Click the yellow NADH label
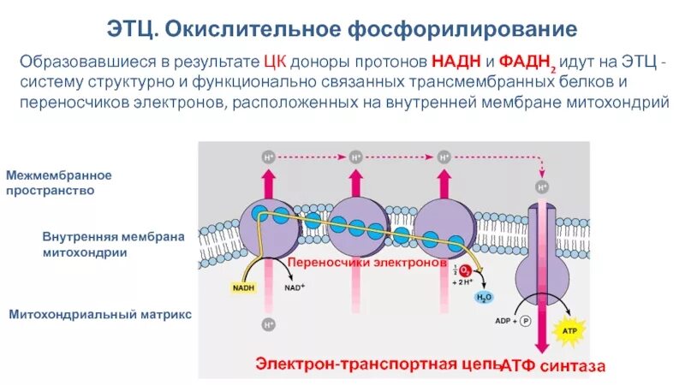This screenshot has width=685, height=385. pos(242,288)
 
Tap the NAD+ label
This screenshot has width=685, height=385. pos(295,288)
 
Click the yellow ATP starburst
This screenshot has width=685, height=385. pos(569,329)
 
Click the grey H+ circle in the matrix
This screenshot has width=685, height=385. pos(269,324)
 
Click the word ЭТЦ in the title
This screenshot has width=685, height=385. pos(129,29)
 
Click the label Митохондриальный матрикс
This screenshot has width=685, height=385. pos(100,315)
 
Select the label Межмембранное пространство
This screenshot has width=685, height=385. pos(60,182)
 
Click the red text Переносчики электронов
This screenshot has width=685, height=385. pos(366,264)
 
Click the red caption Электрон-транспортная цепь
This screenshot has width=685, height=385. pos(377,363)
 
